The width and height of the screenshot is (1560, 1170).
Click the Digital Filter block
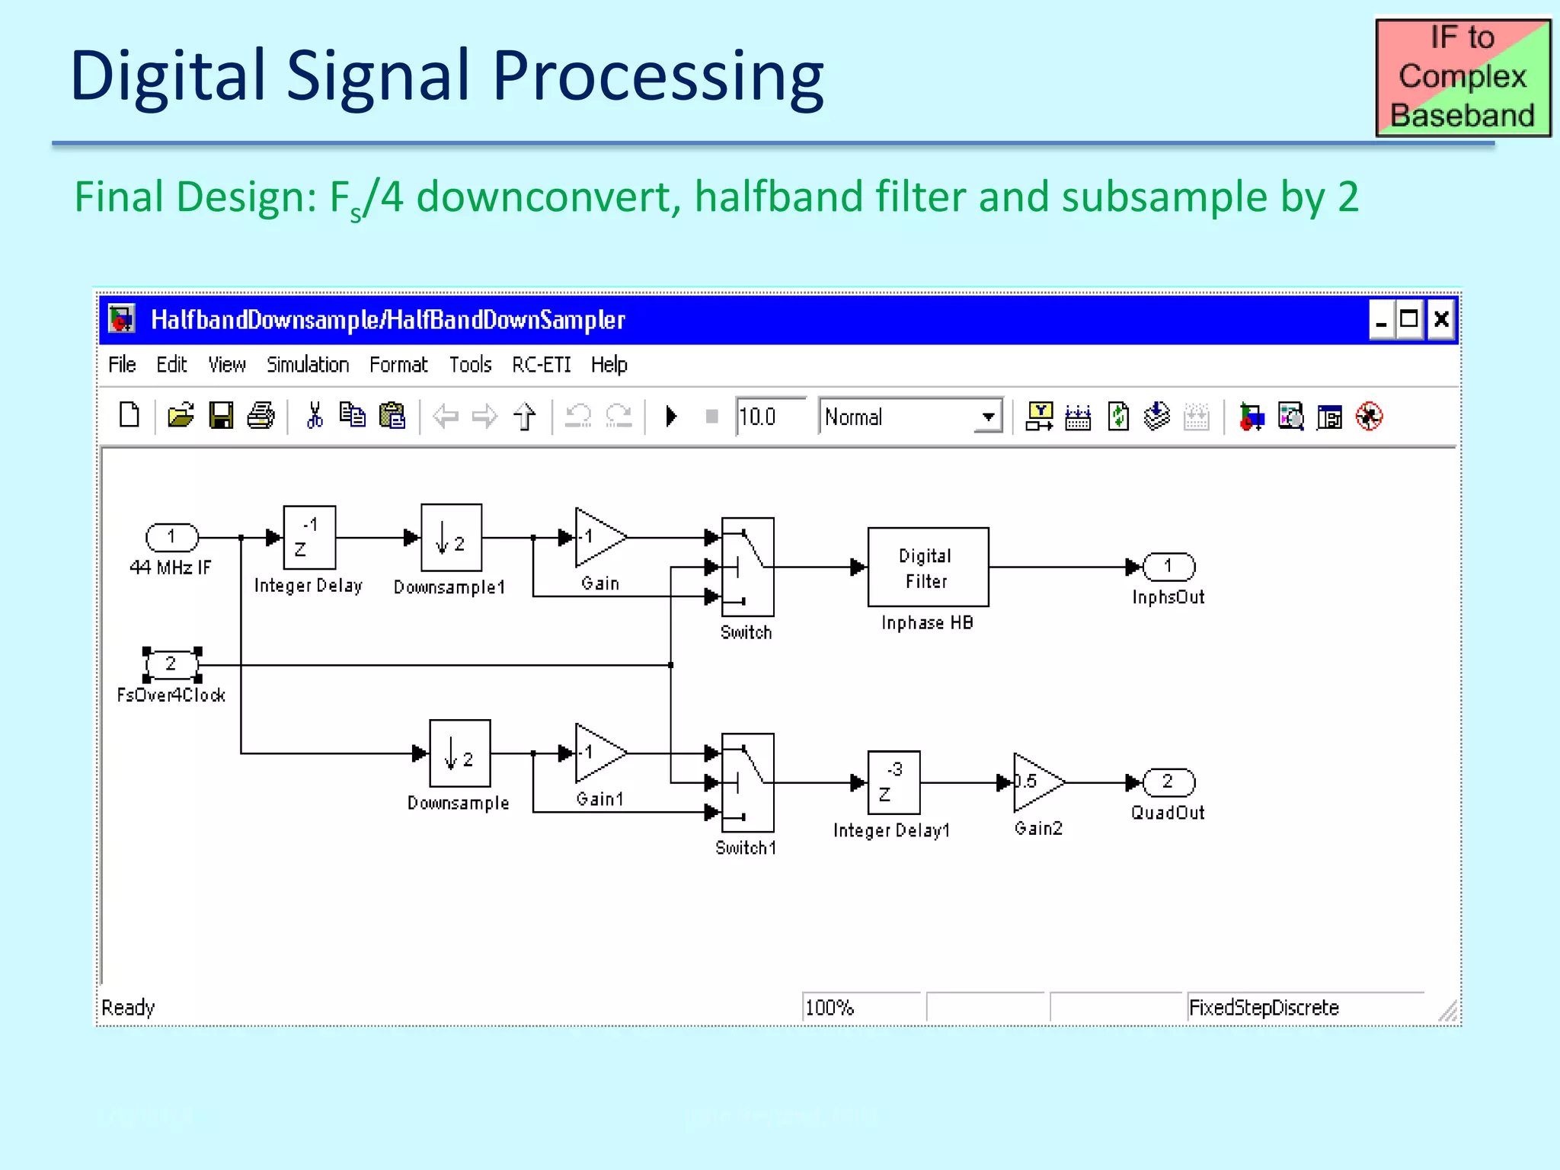928,567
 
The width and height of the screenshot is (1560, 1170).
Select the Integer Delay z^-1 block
309,538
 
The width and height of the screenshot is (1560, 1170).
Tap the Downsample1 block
451,538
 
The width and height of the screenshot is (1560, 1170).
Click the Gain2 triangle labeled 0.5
1037,782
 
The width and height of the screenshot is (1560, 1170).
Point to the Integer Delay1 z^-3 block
893,782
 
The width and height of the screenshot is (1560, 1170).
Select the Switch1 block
747,782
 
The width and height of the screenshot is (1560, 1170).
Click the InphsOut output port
1168,567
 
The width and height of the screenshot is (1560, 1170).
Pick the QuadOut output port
1168,782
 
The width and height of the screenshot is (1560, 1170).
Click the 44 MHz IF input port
172,538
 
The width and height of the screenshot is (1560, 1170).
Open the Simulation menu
308,365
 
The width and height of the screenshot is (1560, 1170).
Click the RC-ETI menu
541,365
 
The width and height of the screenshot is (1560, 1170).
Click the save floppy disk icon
221,416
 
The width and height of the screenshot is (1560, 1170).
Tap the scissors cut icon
314,416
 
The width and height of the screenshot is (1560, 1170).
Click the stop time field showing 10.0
769,417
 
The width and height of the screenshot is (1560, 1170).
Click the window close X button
1440,320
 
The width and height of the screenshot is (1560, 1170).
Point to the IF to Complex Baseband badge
1462,77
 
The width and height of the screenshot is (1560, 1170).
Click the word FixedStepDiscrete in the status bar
1264,1008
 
